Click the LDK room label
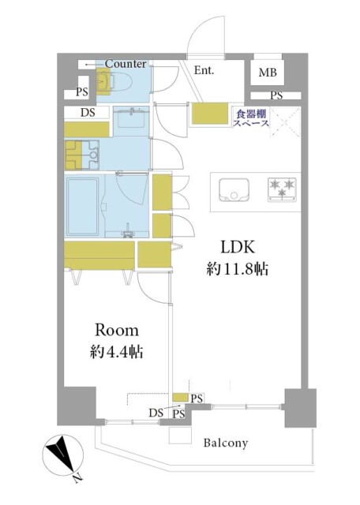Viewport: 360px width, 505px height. (x=238, y=247)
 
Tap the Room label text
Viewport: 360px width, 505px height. (x=117, y=331)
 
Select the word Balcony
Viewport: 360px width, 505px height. (x=226, y=443)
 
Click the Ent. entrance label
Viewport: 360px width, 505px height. (x=204, y=70)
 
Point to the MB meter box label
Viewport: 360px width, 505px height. (x=268, y=73)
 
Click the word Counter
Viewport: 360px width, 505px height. (x=126, y=63)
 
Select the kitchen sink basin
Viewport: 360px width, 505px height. (x=234, y=189)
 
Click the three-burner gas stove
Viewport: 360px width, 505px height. (x=282, y=189)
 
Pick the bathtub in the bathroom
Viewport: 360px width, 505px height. (x=82, y=207)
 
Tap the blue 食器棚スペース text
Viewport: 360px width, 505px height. (x=251, y=118)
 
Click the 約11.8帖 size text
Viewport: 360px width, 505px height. (x=238, y=268)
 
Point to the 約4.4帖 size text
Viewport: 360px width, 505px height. (x=117, y=352)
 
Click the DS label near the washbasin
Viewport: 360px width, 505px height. (x=88, y=112)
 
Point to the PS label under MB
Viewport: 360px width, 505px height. (x=276, y=95)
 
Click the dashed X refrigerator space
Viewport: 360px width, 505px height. (x=286, y=122)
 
